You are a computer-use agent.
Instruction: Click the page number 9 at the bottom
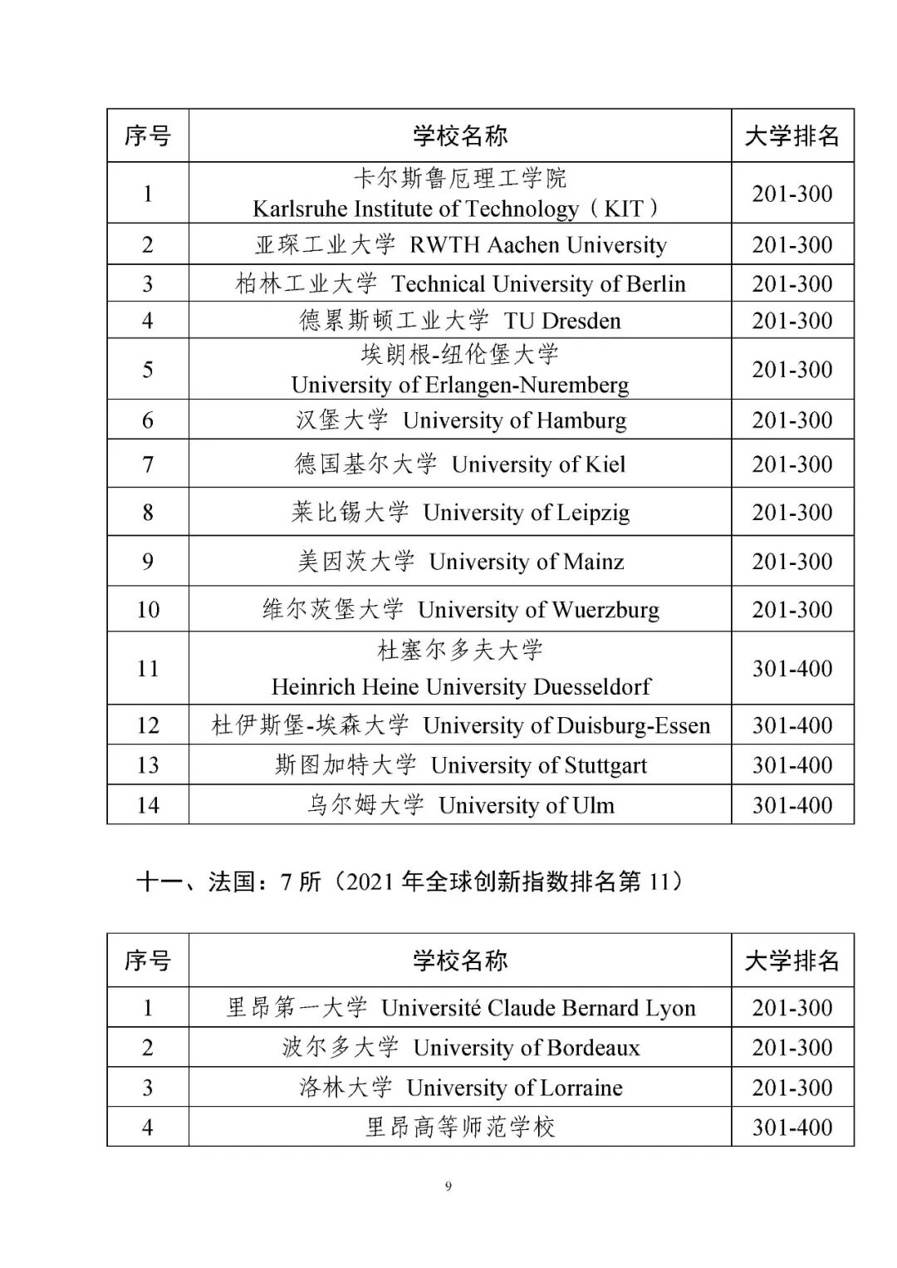pos(448,1187)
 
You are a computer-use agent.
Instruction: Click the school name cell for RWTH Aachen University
pos(460,244)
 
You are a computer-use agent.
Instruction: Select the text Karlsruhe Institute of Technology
pos(415,209)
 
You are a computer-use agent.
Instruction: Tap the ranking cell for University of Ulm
pos(792,804)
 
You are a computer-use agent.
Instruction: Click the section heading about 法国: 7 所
pos(409,881)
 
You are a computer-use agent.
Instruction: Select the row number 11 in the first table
pos(148,668)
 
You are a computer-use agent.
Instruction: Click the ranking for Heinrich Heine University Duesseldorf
pos(792,668)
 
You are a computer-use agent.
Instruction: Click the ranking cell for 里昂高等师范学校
pos(792,1127)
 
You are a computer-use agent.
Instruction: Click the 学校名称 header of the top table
pos(460,135)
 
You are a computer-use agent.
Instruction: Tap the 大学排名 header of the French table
pos(792,961)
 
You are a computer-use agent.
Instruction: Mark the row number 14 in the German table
pos(148,804)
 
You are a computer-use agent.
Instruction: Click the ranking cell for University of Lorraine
pos(792,1087)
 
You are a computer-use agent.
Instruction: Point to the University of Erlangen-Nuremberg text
pos(460,385)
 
